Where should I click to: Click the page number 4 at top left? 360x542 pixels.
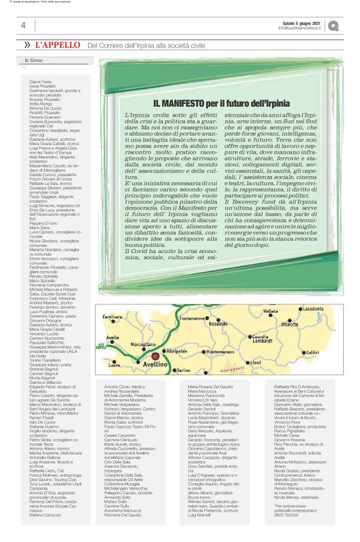(23, 25)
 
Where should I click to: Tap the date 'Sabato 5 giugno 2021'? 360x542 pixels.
(300, 23)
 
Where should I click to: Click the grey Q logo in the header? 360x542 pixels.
(334, 26)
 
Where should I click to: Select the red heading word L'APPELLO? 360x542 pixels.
(58, 45)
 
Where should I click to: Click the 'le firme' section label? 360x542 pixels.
(34, 60)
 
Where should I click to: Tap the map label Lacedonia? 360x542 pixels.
(313, 308)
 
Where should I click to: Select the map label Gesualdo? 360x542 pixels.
(217, 324)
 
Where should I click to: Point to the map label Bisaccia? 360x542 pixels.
(290, 324)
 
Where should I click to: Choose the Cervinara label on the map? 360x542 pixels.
(113, 317)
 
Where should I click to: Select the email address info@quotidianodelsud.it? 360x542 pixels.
(300, 28)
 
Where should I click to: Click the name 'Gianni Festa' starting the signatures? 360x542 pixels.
(40, 81)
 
